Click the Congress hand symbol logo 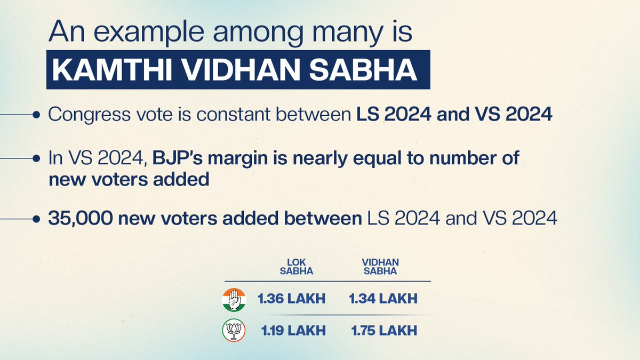234,299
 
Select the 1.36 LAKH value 291,299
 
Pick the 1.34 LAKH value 383,299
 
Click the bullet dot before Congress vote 36,115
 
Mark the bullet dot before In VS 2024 36,159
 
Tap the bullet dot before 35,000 36,219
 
